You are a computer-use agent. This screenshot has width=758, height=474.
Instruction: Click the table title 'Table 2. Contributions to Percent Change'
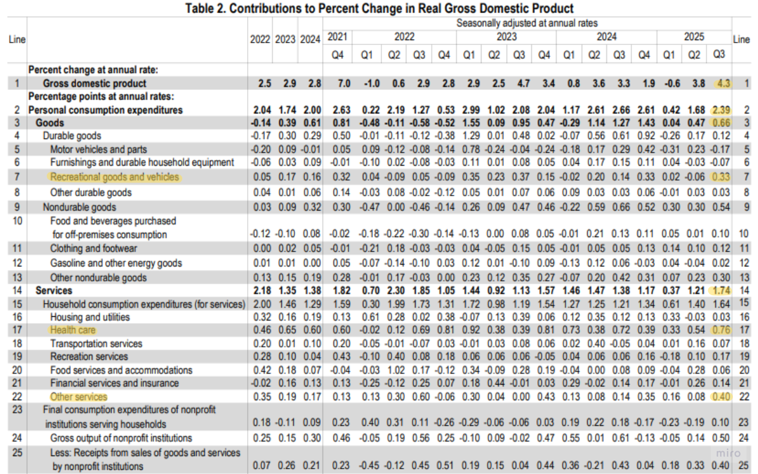click(379, 8)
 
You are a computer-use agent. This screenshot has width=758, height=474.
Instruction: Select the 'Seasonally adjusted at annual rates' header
click(527, 23)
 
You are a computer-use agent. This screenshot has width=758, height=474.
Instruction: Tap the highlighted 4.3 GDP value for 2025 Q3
click(723, 83)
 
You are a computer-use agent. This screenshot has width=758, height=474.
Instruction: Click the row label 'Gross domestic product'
click(94, 83)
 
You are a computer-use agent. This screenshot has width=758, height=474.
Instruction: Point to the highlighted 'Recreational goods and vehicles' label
click(115, 177)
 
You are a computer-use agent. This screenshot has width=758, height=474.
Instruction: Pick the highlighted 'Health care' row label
click(73, 330)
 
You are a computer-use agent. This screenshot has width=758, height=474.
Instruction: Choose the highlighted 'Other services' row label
click(79, 397)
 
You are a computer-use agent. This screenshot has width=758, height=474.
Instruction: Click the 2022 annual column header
click(260, 40)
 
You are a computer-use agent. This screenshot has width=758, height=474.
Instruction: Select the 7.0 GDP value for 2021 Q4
click(344, 83)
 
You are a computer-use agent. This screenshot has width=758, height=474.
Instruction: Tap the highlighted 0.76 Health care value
click(721, 330)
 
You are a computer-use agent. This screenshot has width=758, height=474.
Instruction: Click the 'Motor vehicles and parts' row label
click(98, 149)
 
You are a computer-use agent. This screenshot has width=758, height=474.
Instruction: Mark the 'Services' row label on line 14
click(54, 290)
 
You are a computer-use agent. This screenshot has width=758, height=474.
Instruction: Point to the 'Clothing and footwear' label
click(94, 248)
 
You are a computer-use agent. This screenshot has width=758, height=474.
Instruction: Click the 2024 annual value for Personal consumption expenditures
click(312, 110)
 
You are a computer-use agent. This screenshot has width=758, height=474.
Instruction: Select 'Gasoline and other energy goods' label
click(116, 263)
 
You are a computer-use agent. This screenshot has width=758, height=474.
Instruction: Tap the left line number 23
click(17, 410)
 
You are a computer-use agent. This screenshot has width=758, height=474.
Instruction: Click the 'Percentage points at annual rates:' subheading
click(101, 97)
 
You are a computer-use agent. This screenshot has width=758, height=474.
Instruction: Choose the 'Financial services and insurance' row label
click(115, 383)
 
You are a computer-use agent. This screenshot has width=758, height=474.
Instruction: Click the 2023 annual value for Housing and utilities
click(287, 317)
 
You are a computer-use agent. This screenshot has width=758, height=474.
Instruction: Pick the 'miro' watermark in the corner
click(728, 453)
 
